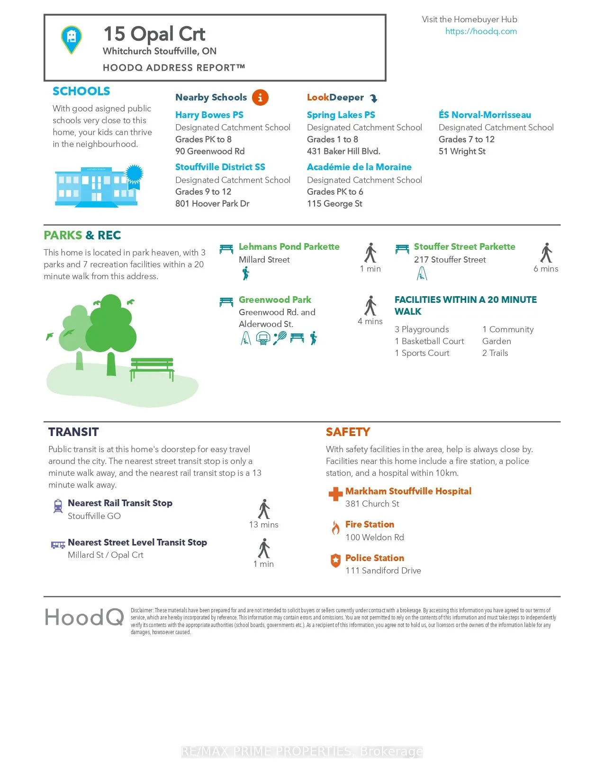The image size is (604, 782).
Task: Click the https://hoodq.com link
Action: [x=481, y=31]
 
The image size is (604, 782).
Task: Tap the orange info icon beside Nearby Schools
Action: [x=260, y=98]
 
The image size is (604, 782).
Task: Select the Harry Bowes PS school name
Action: [x=209, y=115]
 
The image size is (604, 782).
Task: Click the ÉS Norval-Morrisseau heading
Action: [x=485, y=115]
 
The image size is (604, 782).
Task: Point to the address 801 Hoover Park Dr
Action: [x=212, y=204]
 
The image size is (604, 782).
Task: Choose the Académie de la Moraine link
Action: [x=359, y=167]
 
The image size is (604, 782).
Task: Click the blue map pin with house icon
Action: [x=72, y=39]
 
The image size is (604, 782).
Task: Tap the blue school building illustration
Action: [x=97, y=186]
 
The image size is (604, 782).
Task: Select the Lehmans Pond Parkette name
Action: [x=289, y=247]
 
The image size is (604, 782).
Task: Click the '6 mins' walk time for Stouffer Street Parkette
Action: [x=546, y=269]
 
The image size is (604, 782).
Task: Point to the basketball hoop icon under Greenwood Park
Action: [x=263, y=338]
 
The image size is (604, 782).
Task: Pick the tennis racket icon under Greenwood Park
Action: [x=279, y=338]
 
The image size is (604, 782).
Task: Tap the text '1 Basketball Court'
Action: [x=429, y=341]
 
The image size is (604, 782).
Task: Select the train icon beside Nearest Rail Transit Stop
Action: [x=58, y=506]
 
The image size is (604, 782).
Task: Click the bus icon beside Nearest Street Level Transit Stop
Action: [x=58, y=545]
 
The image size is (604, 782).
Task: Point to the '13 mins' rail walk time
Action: [x=263, y=525]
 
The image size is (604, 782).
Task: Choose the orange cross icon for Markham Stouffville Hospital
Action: [x=335, y=494]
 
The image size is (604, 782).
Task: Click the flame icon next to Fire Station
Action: [x=335, y=527]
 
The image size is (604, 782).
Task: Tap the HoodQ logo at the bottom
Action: [x=84, y=618]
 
